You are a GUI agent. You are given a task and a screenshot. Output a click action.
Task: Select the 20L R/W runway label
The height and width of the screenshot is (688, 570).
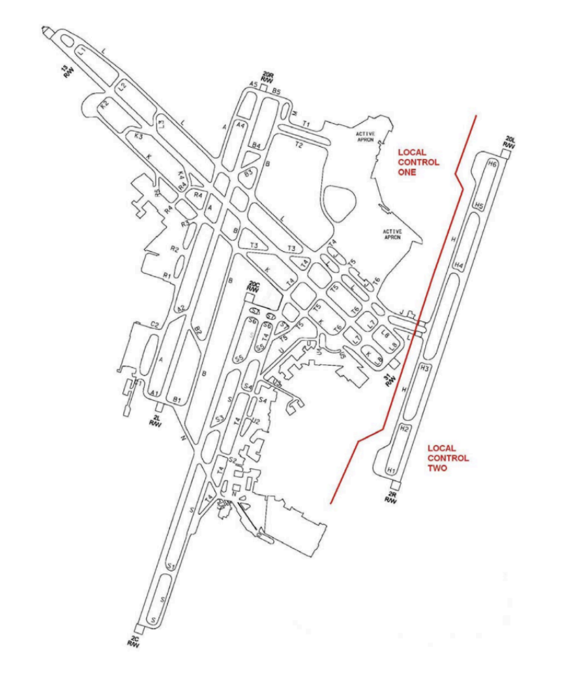pyautogui.click(x=509, y=142)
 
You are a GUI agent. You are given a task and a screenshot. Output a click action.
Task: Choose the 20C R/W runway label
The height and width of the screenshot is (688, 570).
pyautogui.click(x=253, y=287)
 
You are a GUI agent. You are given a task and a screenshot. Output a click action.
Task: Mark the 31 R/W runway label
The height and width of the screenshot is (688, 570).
pyautogui.click(x=389, y=378)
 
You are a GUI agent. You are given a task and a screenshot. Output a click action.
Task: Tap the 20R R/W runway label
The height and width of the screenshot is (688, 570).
pyautogui.click(x=267, y=76)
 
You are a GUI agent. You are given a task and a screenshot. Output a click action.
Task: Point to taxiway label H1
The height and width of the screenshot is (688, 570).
pyautogui.click(x=392, y=471)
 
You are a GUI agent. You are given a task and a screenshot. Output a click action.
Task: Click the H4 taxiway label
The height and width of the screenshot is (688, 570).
pyautogui.click(x=459, y=265)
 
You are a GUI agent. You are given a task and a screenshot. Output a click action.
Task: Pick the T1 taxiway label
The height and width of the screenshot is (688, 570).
pyautogui.click(x=305, y=124)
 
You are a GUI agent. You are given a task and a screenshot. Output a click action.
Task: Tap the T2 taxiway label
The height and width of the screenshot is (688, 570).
pyautogui.click(x=299, y=144)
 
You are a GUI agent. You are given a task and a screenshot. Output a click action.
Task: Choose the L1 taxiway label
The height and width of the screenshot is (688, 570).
pyautogui.click(x=82, y=50)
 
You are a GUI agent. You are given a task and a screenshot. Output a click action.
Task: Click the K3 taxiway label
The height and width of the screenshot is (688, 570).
pyautogui.click(x=139, y=136)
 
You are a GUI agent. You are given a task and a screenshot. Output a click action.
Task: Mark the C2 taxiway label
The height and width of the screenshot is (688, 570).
pyautogui.click(x=155, y=324)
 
